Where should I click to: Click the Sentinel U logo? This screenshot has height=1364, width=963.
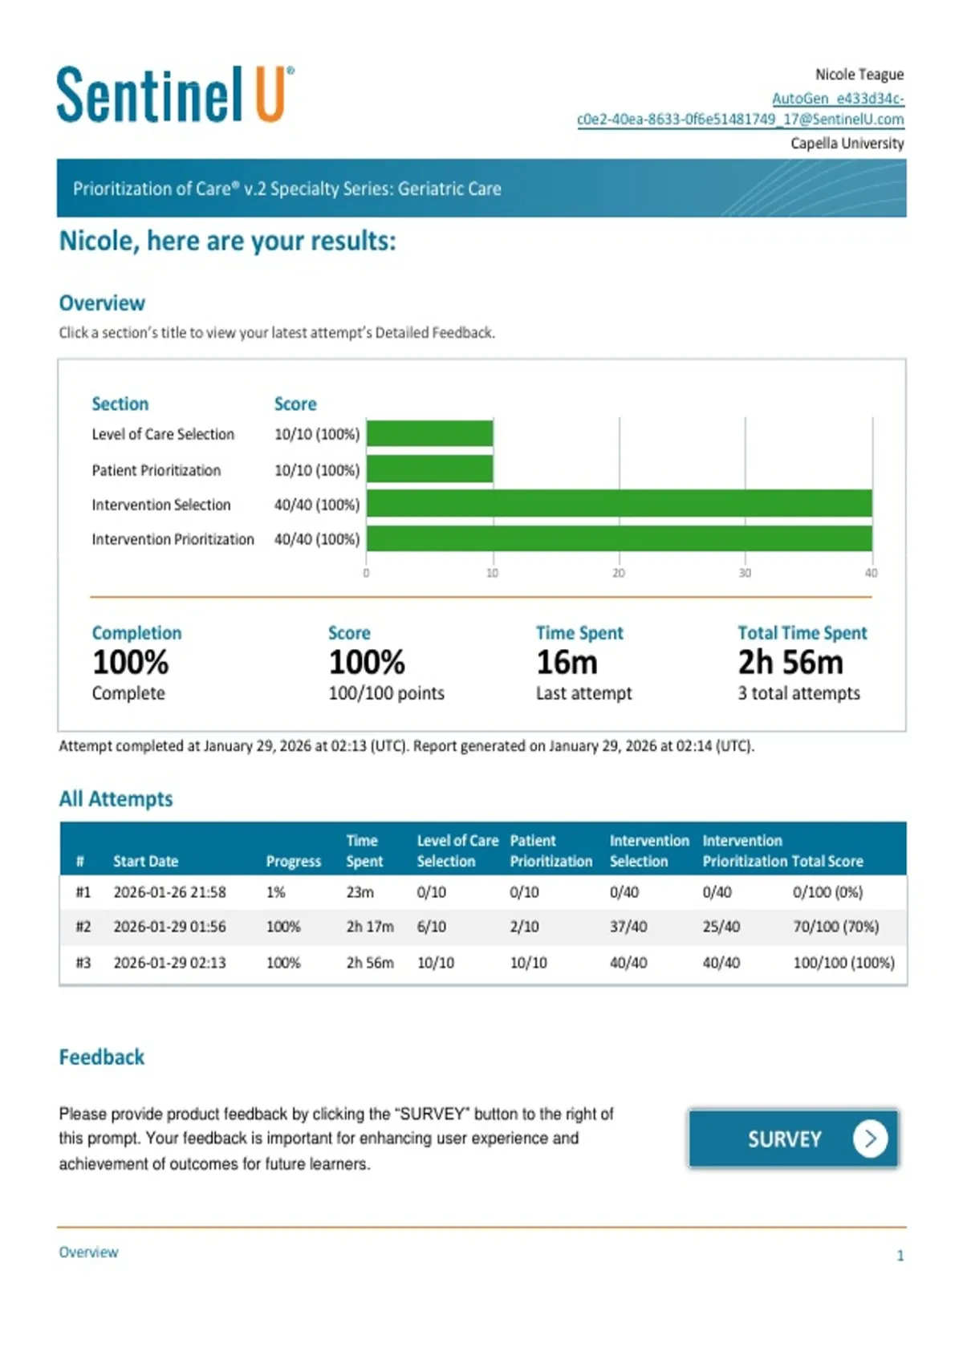[x=176, y=95]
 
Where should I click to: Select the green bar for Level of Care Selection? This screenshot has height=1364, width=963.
[x=429, y=433]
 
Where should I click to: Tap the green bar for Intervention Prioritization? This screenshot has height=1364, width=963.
[x=619, y=539]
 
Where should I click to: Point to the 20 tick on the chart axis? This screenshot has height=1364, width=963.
[x=618, y=573]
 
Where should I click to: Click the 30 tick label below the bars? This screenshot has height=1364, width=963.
[x=745, y=573]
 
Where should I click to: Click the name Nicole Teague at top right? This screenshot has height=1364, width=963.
[x=859, y=75]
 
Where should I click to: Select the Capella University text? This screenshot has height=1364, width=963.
[x=847, y=143]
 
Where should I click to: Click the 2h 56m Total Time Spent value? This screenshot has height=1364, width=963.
[x=790, y=662]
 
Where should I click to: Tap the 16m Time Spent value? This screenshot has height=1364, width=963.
[x=567, y=662]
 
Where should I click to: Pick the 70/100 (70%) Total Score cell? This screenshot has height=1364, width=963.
[x=835, y=927]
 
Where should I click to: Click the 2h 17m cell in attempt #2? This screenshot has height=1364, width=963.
[x=370, y=927]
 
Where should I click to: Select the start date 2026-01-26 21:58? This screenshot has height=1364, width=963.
[x=169, y=892]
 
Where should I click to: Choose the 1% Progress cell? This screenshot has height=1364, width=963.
[x=275, y=892]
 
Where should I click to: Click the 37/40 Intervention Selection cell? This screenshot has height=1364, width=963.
[x=624, y=927]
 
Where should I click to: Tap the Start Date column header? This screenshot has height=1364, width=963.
[x=145, y=861]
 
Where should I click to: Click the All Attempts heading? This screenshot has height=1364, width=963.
[x=116, y=798]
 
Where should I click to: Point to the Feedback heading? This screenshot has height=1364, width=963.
[x=102, y=1058]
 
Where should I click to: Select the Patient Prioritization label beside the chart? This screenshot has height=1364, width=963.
[x=156, y=470]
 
